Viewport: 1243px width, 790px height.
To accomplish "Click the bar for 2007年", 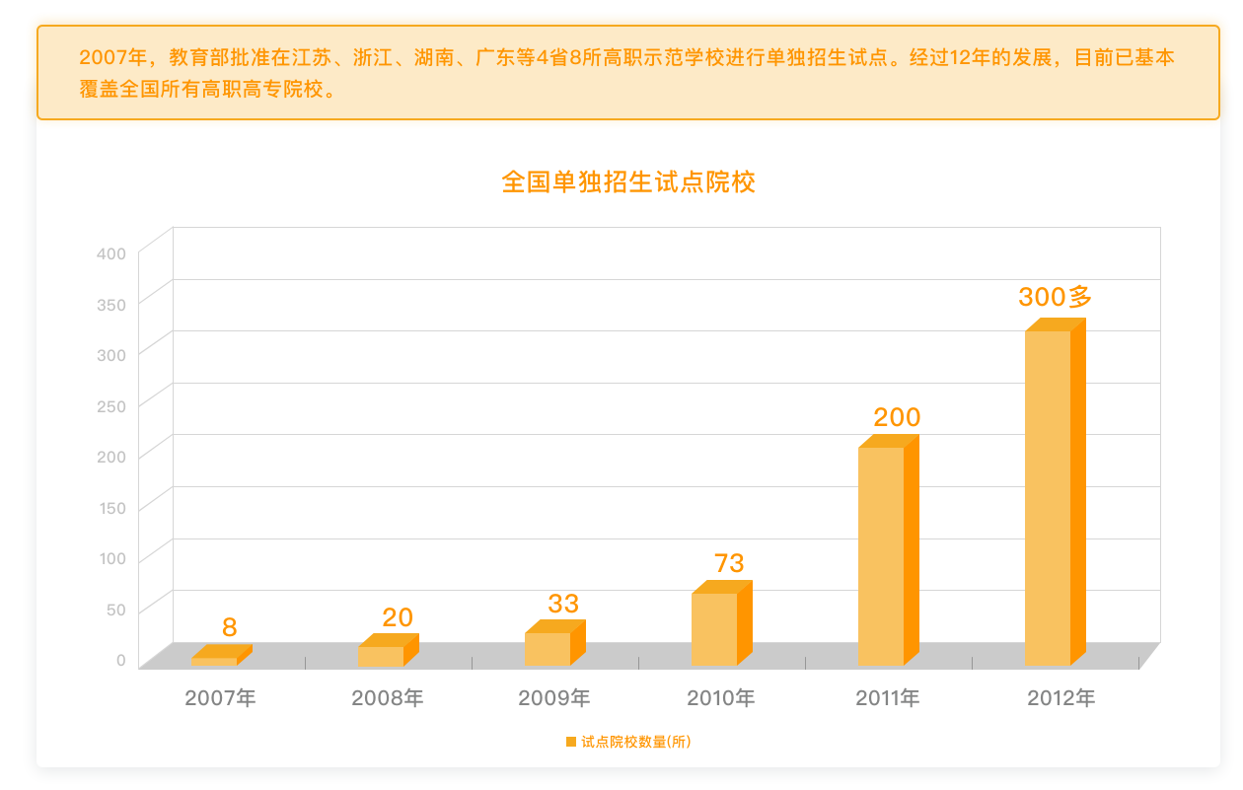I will (x=214, y=661).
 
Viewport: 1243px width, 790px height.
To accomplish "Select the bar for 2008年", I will (x=382, y=656).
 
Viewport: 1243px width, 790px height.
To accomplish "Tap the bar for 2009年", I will (x=548, y=649).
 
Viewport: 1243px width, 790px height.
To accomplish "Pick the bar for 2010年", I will (x=715, y=629).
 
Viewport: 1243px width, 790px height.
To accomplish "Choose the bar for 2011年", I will (x=882, y=556).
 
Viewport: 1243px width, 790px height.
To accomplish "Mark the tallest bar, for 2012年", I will (x=1049, y=498).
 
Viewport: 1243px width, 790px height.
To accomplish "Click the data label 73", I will (x=729, y=563).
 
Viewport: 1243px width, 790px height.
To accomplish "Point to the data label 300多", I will (x=1055, y=296).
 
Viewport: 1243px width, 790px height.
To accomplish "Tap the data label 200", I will (x=897, y=418).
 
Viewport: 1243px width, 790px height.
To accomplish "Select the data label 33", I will (x=563, y=604).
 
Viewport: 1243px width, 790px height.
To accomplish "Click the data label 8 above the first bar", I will (x=230, y=627).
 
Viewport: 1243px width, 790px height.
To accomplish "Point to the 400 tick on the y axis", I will (x=111, y=253).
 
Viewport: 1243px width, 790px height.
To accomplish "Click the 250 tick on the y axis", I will (x=111, y=406).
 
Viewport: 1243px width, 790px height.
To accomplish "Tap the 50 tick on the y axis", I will (x=115, y=610).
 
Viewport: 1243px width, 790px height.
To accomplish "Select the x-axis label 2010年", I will (x=721, y=698).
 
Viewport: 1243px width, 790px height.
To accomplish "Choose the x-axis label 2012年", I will (x=1061, y=698).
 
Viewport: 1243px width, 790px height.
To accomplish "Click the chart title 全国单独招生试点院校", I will (x=628, y=182).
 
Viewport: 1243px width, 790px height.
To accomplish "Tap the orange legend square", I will (x=570, y=742).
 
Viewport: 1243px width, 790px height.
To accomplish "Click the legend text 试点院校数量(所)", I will (x=636, y=742).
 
